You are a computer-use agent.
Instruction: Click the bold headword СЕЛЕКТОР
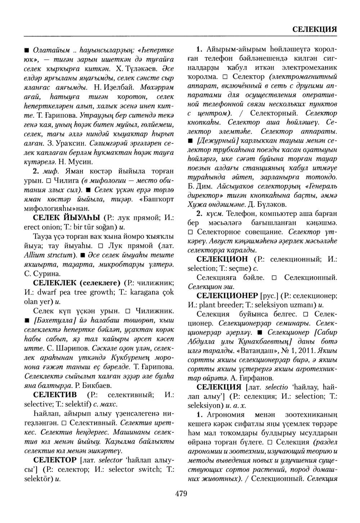[x=54, y=460]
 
